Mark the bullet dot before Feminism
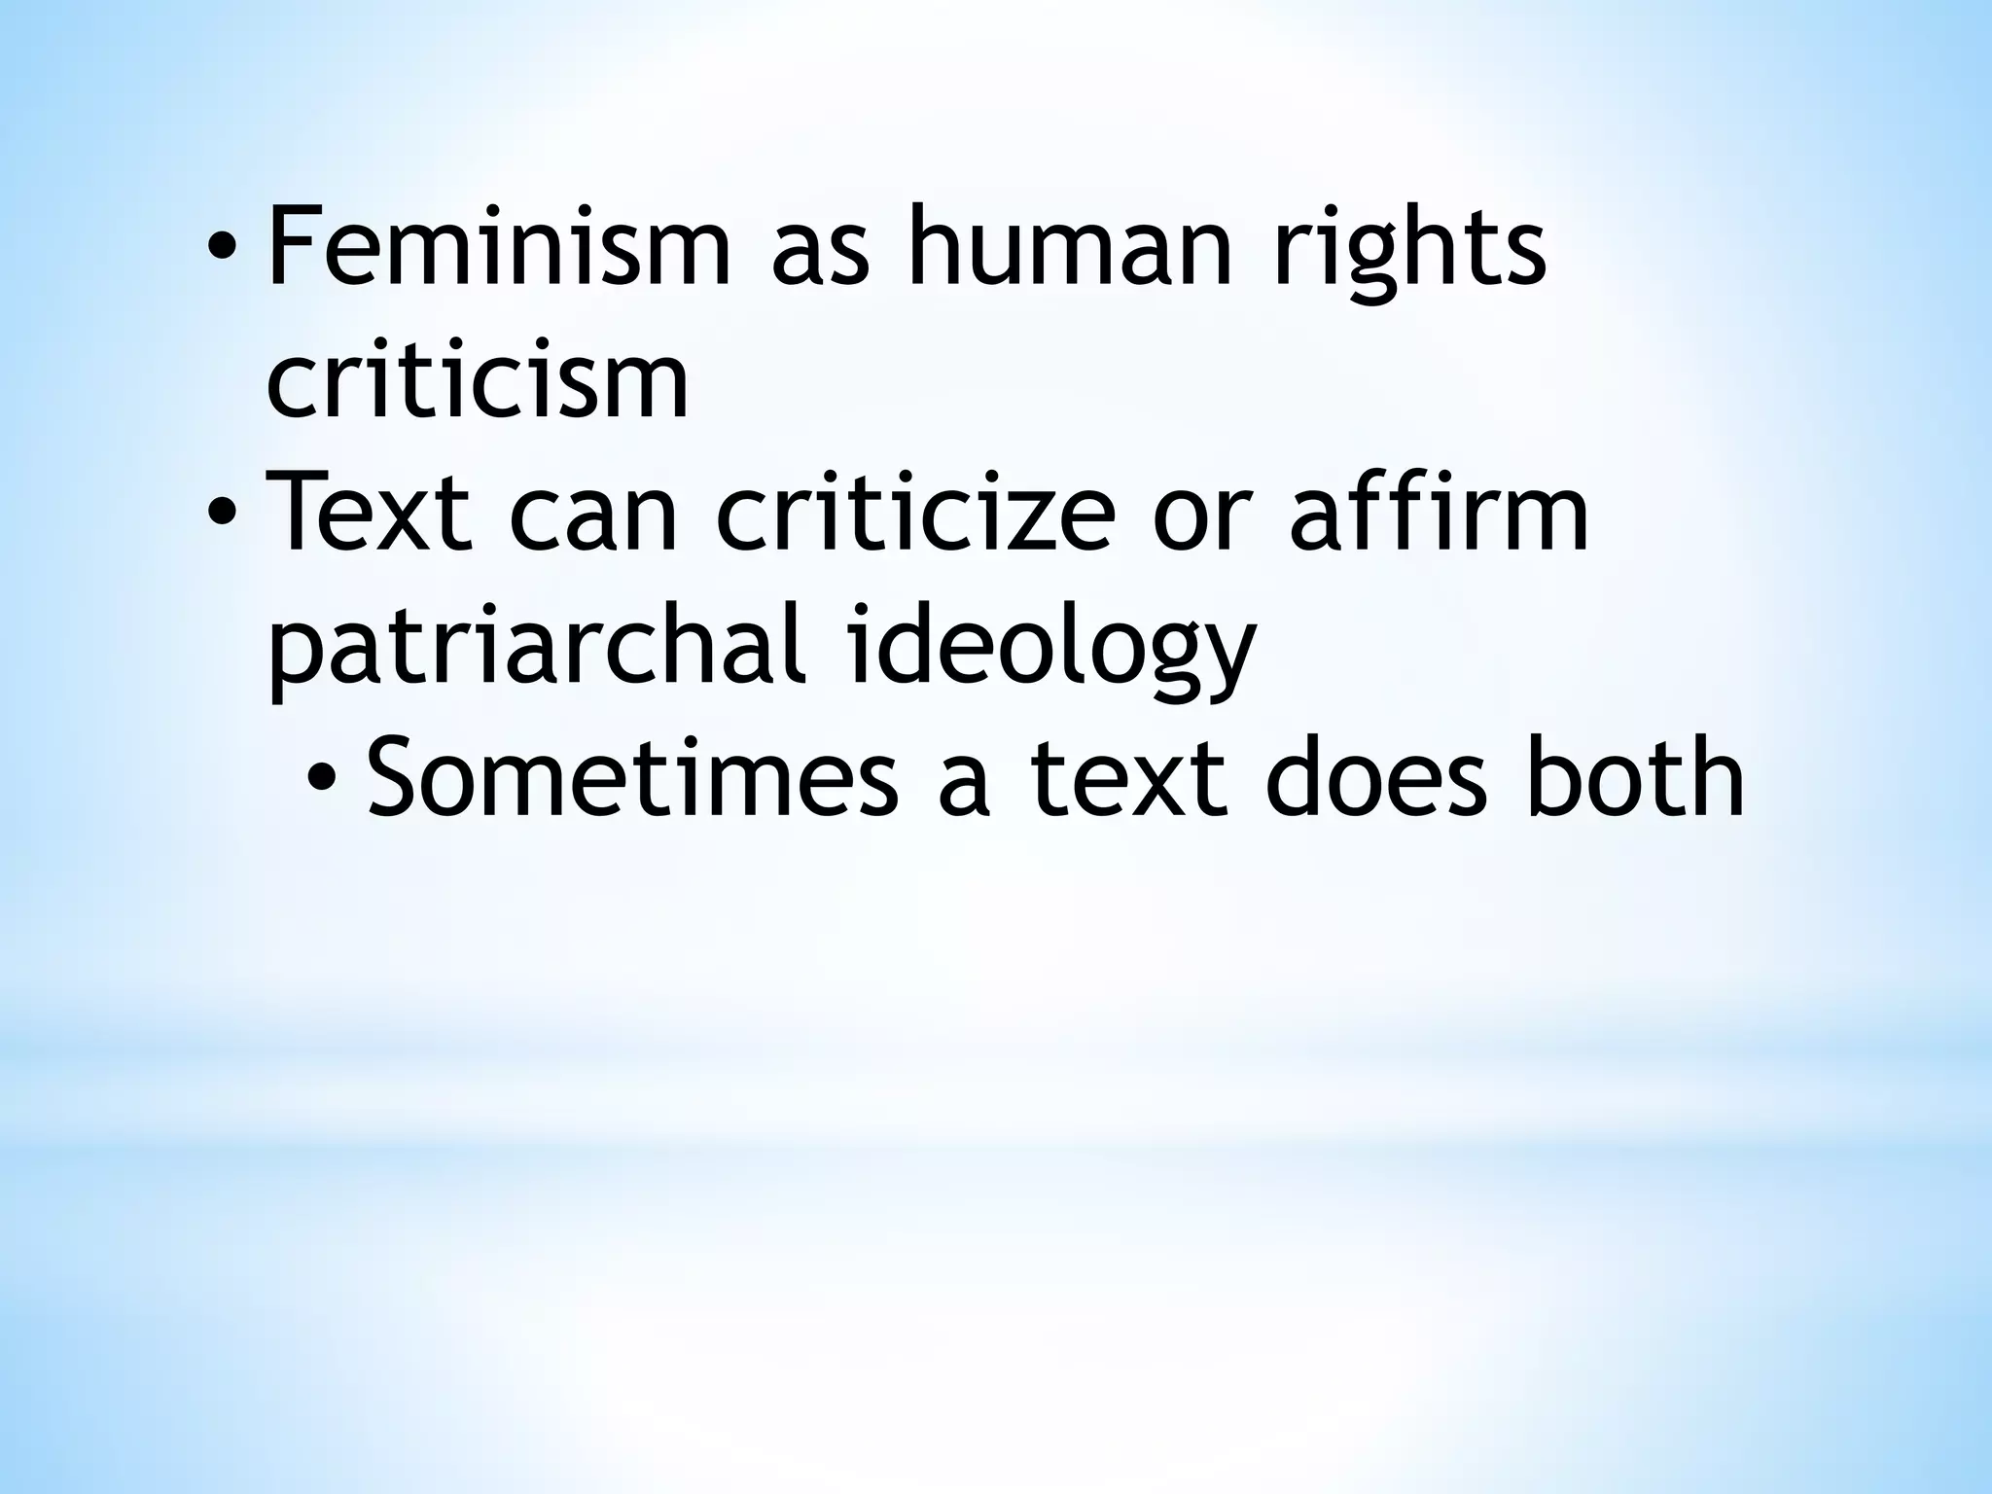coord(222,251)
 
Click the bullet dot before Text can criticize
coord(222,517)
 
